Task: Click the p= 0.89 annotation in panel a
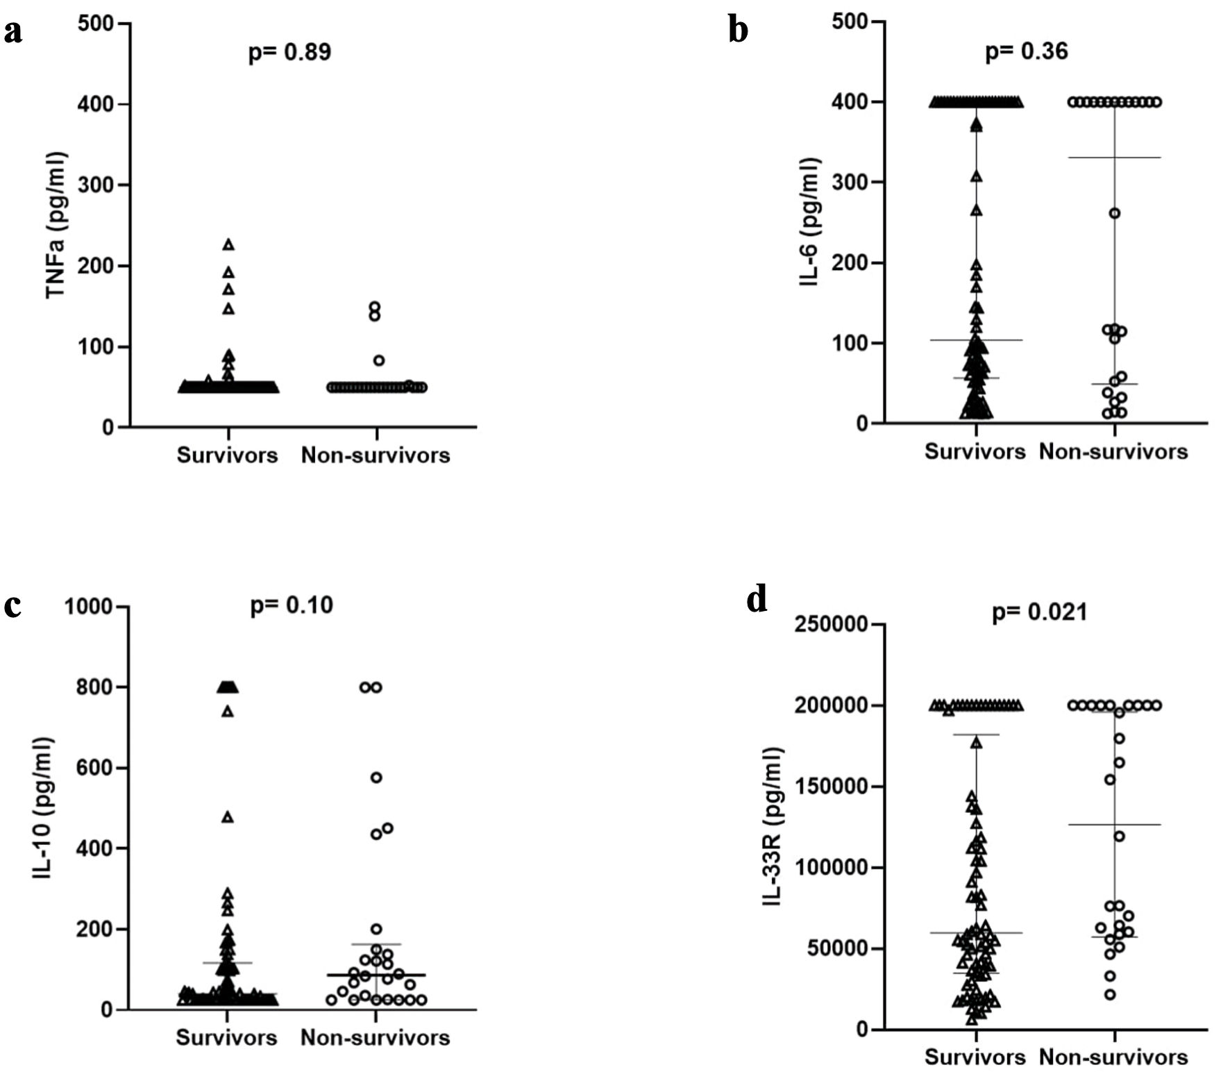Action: click(290, 53)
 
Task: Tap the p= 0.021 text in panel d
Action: click(1039, 613)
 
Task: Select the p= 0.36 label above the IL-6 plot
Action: click(1027, 51)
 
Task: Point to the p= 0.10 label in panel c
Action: click(292, 605)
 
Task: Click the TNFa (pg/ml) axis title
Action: click(56, 225)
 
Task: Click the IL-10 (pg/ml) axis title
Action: click(43, 808)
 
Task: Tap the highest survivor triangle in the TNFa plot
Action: click(228, 244)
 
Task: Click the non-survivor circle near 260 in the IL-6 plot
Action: click(1114, 213)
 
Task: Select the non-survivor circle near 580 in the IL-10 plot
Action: click(376, 778)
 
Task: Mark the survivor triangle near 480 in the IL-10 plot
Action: click(227, 817)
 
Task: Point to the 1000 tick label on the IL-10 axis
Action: click(90, 607)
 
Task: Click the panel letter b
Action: click(738, 31)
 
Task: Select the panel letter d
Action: click(757, 601)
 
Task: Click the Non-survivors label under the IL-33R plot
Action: click(1113, 1057)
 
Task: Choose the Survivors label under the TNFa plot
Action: click(227, 455)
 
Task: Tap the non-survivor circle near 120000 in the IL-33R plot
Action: click(1119, 837)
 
